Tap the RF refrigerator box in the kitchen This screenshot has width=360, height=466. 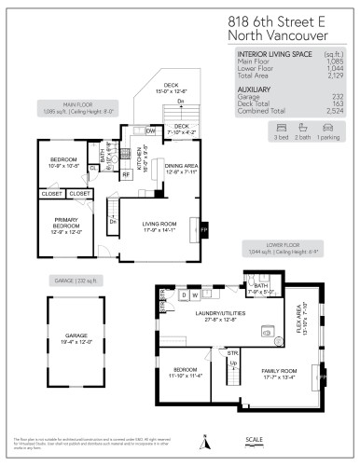(126, 173)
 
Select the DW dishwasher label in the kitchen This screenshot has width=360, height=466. (150, 131)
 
